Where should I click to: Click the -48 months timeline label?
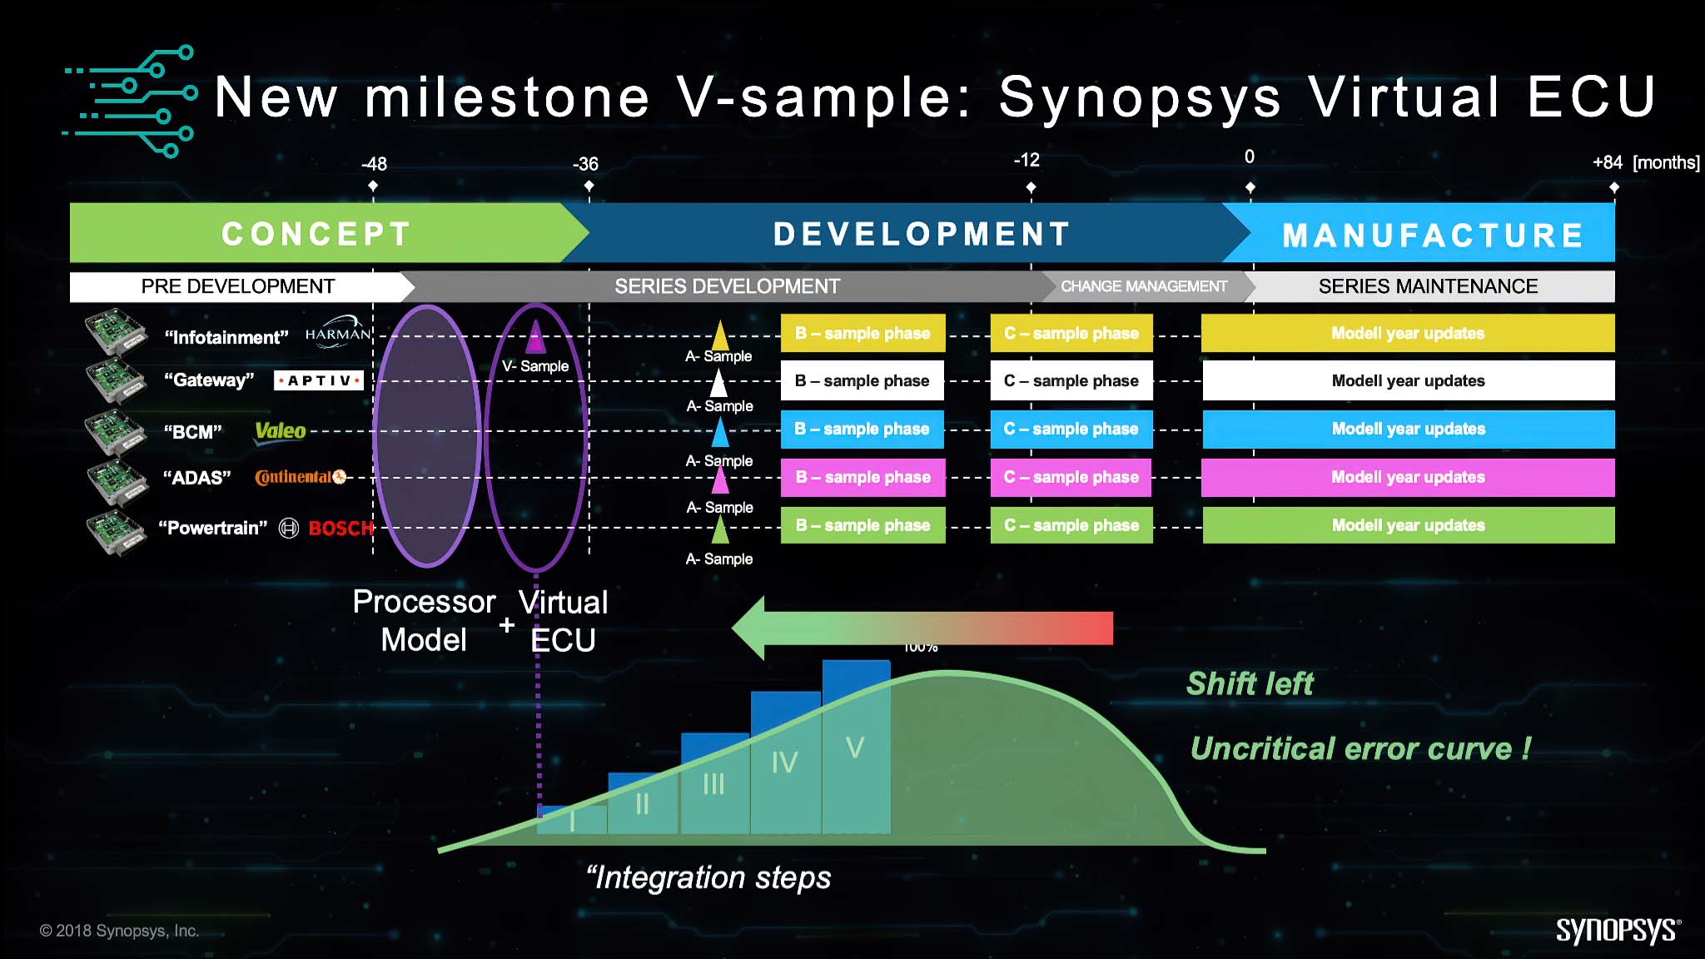(x=374, y=164)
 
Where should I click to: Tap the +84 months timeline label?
(x=1607, y=162)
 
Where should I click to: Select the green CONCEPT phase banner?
(x=316, y=234)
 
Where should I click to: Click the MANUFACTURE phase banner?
(x=1432, y=236)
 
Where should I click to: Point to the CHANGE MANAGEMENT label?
(x=1143, y=286)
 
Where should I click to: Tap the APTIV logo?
(x=319, y=380)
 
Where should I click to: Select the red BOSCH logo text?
(x=341, y=528)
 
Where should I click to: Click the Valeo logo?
(x=280, y=431)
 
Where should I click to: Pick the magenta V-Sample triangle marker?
(x=535, y=338)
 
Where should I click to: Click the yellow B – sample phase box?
(x=862, y=333)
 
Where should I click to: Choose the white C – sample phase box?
(x=1071, y=380)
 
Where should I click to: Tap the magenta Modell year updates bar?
(x=1407, y=477)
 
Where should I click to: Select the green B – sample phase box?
(x=862, y=525)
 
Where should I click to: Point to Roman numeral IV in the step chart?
(x=784, y=762)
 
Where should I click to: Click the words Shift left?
(x=1249, y=683)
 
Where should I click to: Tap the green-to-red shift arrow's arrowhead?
(x=749, y=628)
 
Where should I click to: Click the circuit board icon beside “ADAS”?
(x=116, y=480)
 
